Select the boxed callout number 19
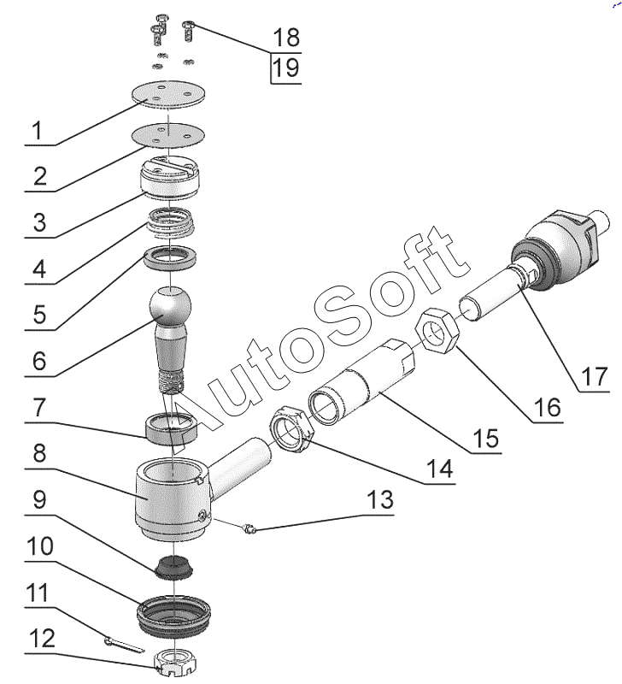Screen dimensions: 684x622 tap(286, 68)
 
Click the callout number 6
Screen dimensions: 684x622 tap(39, 361)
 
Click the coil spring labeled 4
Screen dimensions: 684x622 tap(173, 225)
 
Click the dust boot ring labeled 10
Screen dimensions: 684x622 tap(177, 613)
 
